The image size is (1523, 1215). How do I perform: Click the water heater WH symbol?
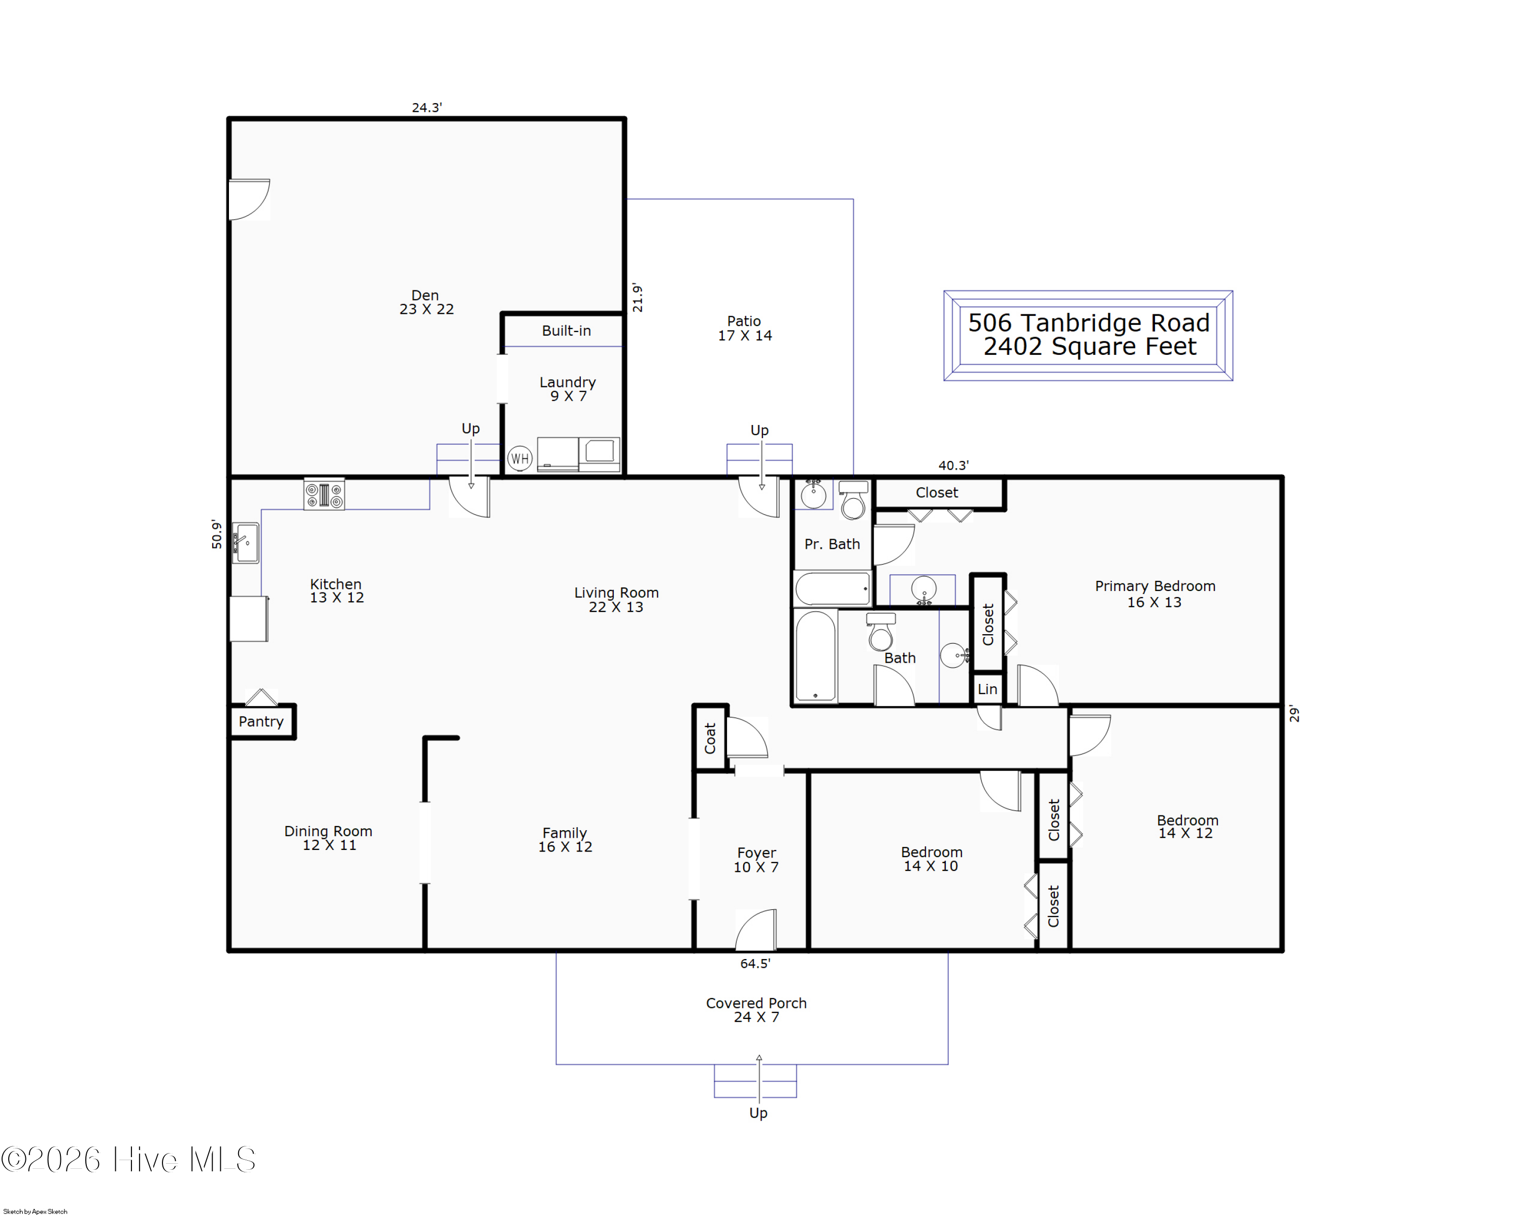pos(520,458)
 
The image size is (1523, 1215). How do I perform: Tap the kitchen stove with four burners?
pos(324,495)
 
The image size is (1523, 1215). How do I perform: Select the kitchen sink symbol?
pos(246,543)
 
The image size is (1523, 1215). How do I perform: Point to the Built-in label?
pos(567,331)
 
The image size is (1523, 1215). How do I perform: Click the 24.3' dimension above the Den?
pos(426,107)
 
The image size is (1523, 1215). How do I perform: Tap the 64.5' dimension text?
pos(755,964)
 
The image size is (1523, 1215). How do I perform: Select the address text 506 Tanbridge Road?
pos(1088,323)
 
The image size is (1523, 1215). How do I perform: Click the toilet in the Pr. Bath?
pos(853,500)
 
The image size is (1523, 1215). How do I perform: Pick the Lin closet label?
pos(987,689)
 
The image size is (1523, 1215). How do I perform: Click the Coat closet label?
pos(710,738)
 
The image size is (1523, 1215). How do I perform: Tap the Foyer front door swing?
pos(756,930)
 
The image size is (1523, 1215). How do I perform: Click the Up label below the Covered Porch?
pos(758,1113)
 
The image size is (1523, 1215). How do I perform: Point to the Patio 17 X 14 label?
pos(745,329)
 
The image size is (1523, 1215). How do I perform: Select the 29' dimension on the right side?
pos(1294,713)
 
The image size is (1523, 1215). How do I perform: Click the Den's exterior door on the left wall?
pos(249,200)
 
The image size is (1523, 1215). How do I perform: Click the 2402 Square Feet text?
pos(1090,347)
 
